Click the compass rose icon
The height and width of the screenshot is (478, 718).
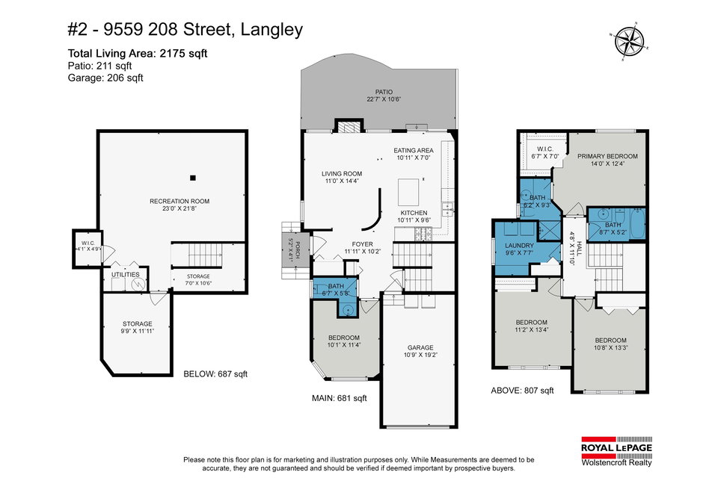[x=629, y=41]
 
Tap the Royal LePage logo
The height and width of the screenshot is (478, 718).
[x=616, y=451]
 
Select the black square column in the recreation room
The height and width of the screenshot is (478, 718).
[x=193, y=178]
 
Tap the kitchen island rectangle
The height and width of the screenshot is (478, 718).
[x=408, y=192]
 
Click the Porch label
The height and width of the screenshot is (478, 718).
[x=298, y=249]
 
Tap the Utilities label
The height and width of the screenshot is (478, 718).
[x=126, y=274]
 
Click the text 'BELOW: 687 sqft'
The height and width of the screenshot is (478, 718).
[x=215, y=373]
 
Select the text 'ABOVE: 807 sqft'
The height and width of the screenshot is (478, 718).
[x=522, y=390]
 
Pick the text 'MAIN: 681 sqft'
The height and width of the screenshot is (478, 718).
[x=340, y=398]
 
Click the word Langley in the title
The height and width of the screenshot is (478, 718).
[x=271, y=30]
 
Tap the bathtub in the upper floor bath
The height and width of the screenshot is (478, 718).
[x=637, y=223]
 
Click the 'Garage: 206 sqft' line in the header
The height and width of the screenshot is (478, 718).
[x=105, y=78]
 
